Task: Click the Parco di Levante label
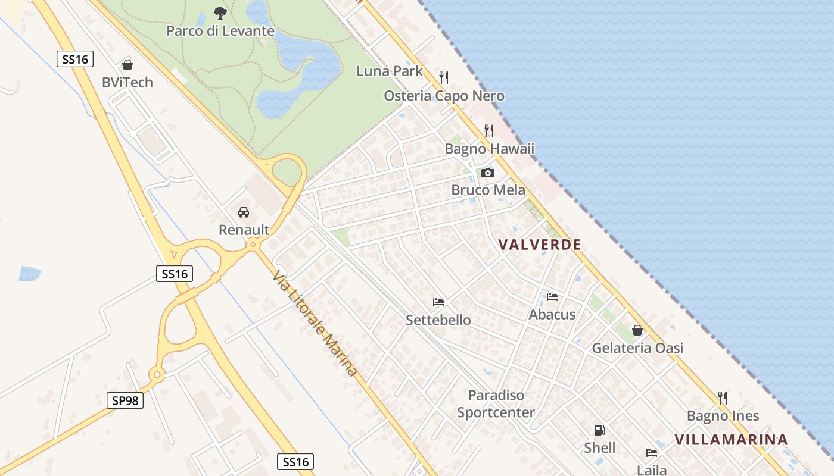[220, 30]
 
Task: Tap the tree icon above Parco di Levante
[220, 12]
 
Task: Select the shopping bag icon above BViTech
[127, 65]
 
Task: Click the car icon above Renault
[244, 212]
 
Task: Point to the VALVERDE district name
[540, 244]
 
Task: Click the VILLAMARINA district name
[731, 440]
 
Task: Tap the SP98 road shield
[125, 400]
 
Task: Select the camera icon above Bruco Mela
[488, 173]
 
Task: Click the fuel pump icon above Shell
[599, 430]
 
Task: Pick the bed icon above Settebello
[438, 302]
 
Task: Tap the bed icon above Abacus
[552, 296]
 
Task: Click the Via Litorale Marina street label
[316, 323]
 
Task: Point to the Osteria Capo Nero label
[444, 96]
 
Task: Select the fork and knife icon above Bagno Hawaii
[488, 130]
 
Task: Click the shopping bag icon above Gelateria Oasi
[637, 330]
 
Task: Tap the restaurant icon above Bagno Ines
[723, 397]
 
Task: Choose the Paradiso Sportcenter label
[496, 403]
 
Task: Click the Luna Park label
[390, 71]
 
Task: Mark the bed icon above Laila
[652, 452]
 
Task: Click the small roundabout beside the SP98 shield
[157, 374]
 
